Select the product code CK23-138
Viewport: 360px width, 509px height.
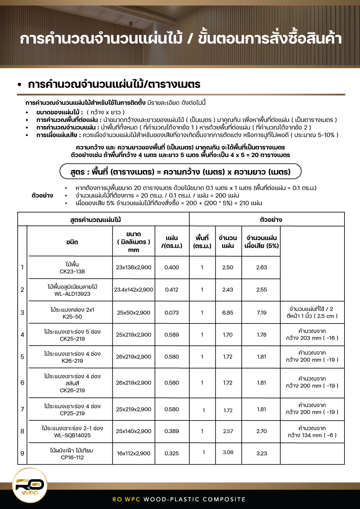pyautogui.click(x=72, y=272)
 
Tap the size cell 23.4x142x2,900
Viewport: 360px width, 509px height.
pyautogui.click(x=134, y=290)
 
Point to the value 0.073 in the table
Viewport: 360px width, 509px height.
pyautogui.click(x=172, y=313)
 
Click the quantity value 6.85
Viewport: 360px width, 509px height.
pyautogui.click(x=228, y=313)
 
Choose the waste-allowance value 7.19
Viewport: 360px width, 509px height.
pyautogui.click(x=262, y=313)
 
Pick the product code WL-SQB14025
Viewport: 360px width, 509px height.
pyautogui.click(x=72, y=436)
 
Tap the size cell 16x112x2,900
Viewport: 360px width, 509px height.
pyautogui.click(x=134, y=454)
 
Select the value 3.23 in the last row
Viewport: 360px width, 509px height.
pyautogui.click(x=262, y=454)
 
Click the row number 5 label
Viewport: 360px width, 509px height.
pyautogui.click(x=22, y=357)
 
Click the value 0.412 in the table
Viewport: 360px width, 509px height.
pyautogui.click(x=172, y=290)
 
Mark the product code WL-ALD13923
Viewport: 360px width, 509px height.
pyautogui.click(x=72, y=294)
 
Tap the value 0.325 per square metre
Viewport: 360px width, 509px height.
pyautogui.click(x=172, y=454)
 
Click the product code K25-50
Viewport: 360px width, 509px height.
pyautogui.click(x=72, y=317)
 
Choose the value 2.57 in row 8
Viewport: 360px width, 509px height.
pyautogui.click(x=228, y=431)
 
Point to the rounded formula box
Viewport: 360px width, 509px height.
pyautogui.click(x=180, y=172)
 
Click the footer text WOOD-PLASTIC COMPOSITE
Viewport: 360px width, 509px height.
pyautogui.click(x=194, y=499)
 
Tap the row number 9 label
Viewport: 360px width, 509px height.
pyautogui.click(x=22, y=454)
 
